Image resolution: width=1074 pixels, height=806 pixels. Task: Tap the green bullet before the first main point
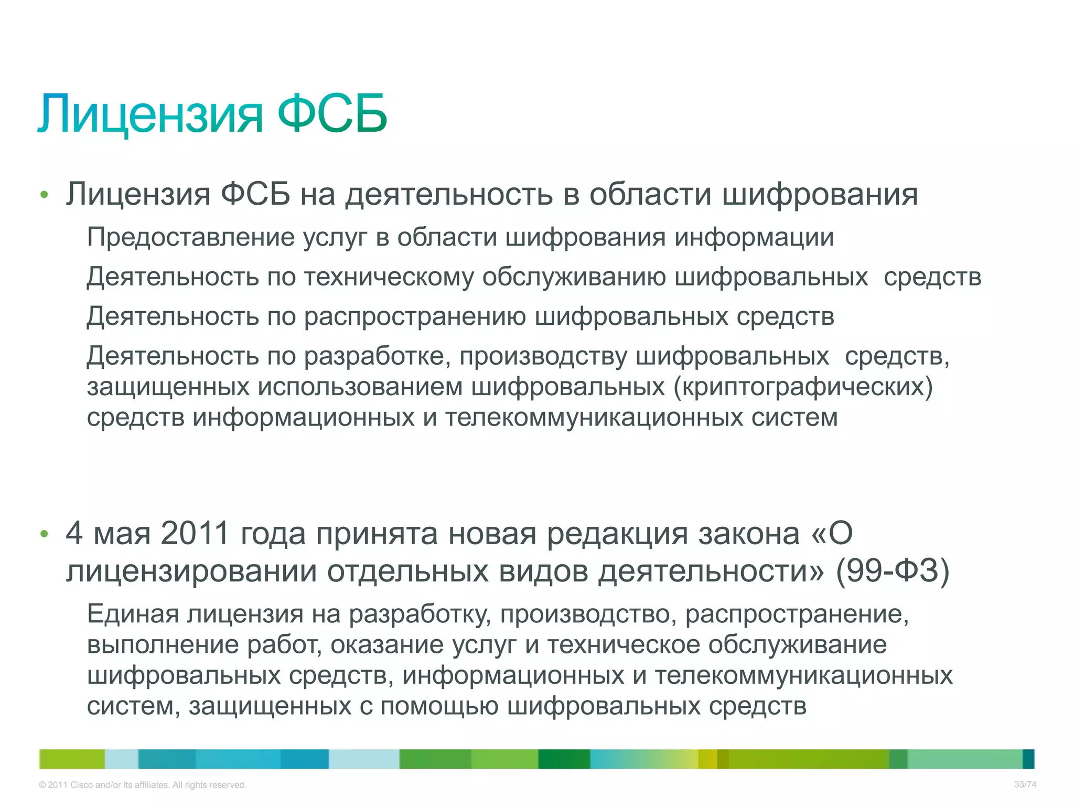[x=44, y=195]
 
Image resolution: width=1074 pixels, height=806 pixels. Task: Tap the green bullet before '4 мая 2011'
[x=44, y=534]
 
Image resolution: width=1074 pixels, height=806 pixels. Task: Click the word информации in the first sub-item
[x=754, y=237]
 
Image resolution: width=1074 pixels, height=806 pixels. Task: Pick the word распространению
[x=415, y=316]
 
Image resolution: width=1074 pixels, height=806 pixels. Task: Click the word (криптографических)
[x=803, y=387]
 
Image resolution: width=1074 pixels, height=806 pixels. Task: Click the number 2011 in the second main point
[x=195, y=533]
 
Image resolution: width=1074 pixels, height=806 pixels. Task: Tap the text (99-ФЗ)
[x=892, y=571]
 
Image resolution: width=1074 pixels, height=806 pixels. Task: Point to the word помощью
[x=439, y=706]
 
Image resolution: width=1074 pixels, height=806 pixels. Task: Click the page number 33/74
[x=1025, y=784]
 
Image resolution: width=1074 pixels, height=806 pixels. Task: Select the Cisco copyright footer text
[x=142, y=785]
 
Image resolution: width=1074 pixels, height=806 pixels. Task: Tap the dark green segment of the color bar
[x=564, y=759]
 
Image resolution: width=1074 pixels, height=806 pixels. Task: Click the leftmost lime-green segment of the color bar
[x=72, y=759]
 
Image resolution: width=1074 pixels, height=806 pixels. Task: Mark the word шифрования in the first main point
[x=820, y=195]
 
